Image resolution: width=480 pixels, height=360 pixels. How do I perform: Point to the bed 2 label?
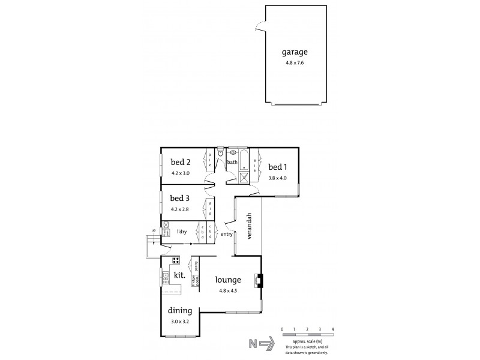(x=180, y=161)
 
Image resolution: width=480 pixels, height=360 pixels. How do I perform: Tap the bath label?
(x=232, y=162)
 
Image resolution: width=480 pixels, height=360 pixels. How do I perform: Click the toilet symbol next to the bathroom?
(x=221, y=154)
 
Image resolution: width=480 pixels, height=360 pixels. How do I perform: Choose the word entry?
(x=226, y=235)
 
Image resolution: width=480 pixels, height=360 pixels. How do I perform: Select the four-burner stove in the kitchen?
(x=176, y=260)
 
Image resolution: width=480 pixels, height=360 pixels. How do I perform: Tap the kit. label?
(x=178, y=275)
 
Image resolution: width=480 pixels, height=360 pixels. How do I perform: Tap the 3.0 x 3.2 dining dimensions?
(x=179, y=322)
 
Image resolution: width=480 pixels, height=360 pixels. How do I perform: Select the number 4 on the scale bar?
(x=332, y=330)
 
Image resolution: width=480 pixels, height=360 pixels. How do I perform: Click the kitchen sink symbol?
(x=165, y=277)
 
